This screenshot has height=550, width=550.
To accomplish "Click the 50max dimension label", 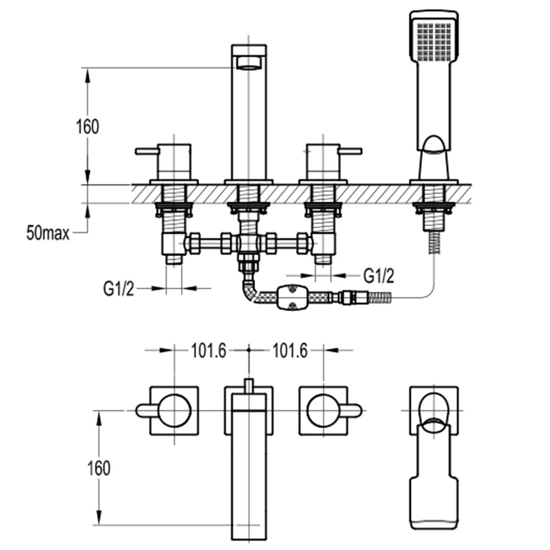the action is (48, 233).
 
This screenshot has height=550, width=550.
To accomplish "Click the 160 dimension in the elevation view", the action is (87, 127).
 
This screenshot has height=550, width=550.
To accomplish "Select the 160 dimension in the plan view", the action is (98, 468).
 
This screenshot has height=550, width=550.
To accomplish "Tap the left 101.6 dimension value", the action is (208, 350).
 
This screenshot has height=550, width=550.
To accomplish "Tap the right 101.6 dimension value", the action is (290, 350).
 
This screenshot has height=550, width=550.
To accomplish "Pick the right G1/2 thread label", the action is (379, 276).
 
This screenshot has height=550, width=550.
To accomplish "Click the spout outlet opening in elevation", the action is (249, 63).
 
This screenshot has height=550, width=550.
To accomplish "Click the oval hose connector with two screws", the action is (292, 298).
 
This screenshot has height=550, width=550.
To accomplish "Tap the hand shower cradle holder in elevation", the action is (434, 159).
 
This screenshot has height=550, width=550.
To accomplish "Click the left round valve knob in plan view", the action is (175, 410).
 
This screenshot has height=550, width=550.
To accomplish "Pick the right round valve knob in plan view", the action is (323, 410).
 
